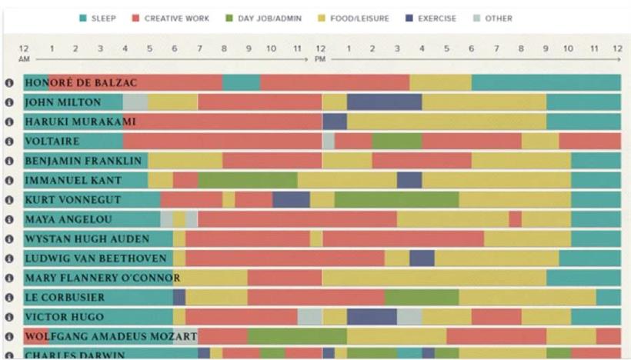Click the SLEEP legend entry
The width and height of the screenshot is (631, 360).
pyautogui.click(x=98, y=18)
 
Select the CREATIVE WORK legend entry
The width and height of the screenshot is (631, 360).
pyautogui.click(x=170, y=18)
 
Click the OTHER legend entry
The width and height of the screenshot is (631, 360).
pyautogui.click(x=492, y=18)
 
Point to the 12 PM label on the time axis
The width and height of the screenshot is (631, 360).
pyautogui.click(x=320, y=53)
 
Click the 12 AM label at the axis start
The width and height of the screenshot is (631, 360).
pyautogui.click(x=24, y=53)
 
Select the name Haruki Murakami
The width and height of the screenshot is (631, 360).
pyautogui.click(x=80, y=122)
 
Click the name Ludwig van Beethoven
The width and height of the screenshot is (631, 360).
pyautogui.click(x=95, y=258)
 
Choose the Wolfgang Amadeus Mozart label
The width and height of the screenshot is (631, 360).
pyautogui.click(x=111, y=336)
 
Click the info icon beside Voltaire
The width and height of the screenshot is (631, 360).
pyautogui.click(x=10, y=142)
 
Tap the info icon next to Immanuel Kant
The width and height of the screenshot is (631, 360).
pyautogui.click(x=10, y=181)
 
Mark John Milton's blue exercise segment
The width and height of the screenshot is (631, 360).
pyautogui.click(x=384, y=102)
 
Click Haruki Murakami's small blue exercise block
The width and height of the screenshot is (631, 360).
pyautogui.click(x=335, y=122)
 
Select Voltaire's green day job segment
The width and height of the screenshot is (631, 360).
pyautogui.click(x=397, y=142)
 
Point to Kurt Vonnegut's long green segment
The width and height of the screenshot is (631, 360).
pyautogui.click(x=396, y=200)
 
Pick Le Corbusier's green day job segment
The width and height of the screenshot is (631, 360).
pyautogui.click(x=421, y=297)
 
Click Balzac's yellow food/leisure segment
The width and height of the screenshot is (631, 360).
pyautogui.click(x=440, y=82)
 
